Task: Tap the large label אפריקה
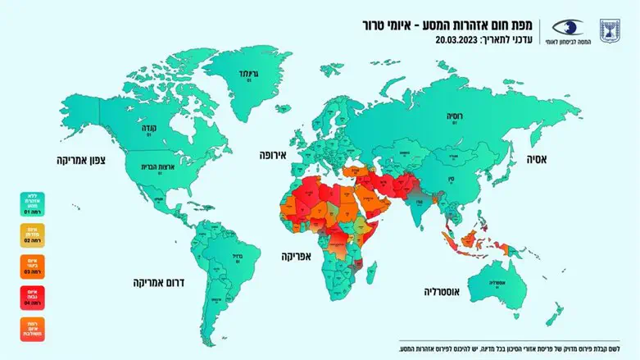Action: pyautogui.click(x=298, y=256)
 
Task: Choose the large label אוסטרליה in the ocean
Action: pyautogui.click(x=447, y=291)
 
